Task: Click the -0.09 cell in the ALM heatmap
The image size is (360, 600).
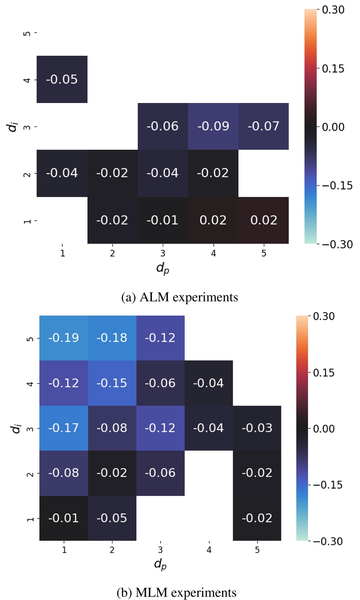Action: (x=213, y=126)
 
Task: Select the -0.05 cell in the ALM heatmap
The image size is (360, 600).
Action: (x=62, y=80)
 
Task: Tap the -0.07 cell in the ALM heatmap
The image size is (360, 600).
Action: (x=264, y=126)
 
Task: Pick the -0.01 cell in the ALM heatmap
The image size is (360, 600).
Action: (x=163, y=220)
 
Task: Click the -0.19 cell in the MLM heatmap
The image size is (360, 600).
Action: (x=64, y=338)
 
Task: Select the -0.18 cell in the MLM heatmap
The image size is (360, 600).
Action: (x=112, y=338)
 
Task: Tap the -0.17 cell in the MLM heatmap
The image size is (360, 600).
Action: (x=64, y=428)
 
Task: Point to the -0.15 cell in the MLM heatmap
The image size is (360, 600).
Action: (x=112, y=383)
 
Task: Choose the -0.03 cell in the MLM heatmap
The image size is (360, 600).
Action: (x=257, y=428)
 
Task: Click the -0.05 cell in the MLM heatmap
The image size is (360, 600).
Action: (x=112, y=518)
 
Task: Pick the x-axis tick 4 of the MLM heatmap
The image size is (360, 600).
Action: (x=209, y=551)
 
